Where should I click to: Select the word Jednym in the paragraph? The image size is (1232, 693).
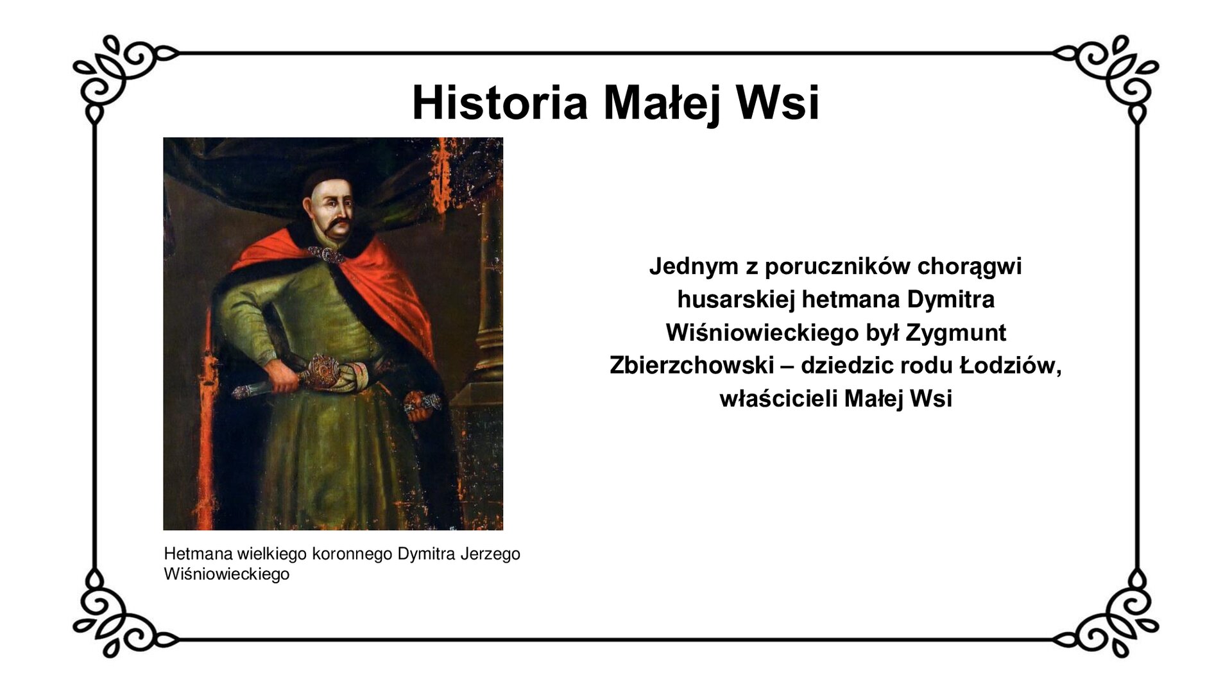[x=693, y=266]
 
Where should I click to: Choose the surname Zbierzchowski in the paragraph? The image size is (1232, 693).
[x=692, y=366]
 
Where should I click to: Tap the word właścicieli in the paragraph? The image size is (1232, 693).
[x=778, y=399]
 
